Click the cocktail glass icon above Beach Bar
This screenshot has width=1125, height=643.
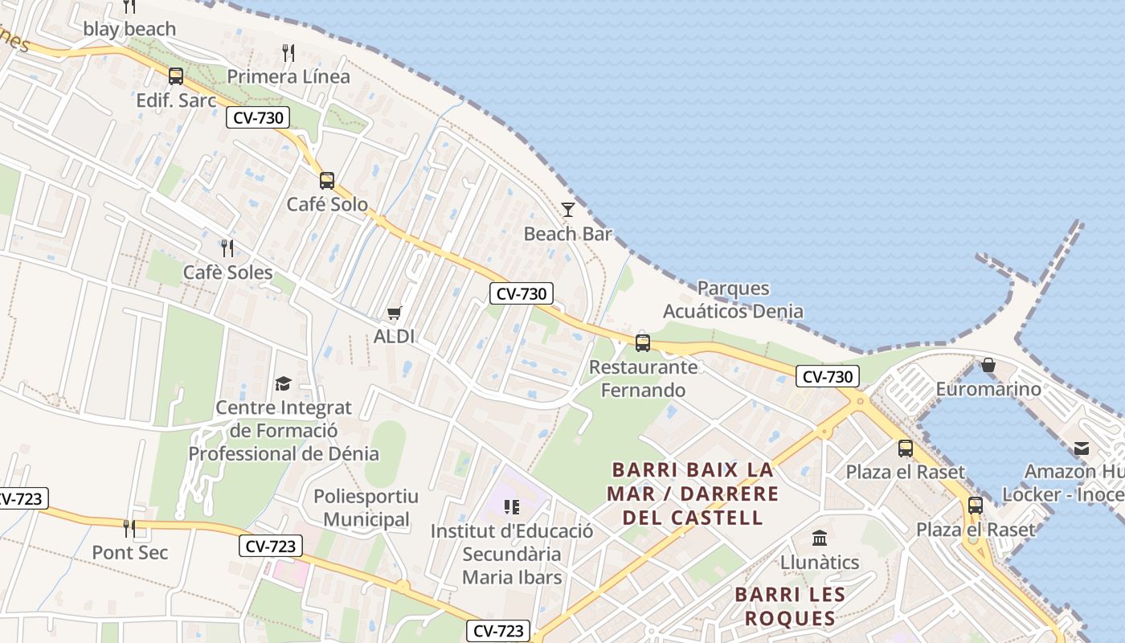[x=568, y=210]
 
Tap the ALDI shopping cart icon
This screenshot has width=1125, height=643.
[x=394, y=313]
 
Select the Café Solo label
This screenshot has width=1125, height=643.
[x=327, y=204]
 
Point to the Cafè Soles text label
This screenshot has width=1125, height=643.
[x=227, y=272]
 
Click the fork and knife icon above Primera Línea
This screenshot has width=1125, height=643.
[x=288, y=54]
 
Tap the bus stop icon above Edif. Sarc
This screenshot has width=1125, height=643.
[x=176, y=76]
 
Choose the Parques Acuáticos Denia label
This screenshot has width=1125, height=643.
[x=733, y=300]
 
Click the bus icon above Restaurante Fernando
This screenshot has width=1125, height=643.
[x=643, y=343]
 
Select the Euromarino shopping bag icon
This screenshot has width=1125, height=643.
[x=988, y=366]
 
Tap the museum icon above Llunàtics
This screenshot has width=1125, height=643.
[x=820, y=538]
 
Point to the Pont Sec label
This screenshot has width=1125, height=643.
[x=130, y=553]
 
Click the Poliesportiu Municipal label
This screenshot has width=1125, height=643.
[x=366, y=508]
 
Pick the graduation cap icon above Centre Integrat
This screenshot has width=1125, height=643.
[x=283, y=383]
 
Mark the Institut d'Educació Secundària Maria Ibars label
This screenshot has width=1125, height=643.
[x=512, y=554]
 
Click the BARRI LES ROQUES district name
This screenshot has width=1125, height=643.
[x=790, y=606]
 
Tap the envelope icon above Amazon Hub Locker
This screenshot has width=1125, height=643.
[x=1082, y=448]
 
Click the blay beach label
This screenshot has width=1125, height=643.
[x=129, y=29]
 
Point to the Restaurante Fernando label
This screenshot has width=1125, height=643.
[x=644, y=379]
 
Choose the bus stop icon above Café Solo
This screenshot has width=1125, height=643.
[x=327, y=181]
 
